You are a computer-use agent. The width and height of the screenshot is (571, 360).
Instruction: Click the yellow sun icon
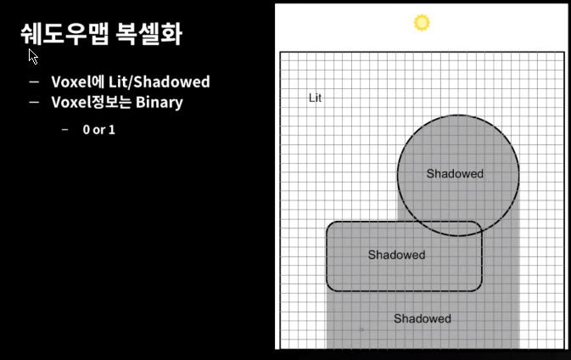(422, 23)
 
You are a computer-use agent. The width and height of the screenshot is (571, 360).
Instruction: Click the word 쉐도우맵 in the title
(64, 36)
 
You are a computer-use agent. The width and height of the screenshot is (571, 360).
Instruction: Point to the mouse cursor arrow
(32, 57)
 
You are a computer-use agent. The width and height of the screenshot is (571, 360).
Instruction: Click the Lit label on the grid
(315, 98)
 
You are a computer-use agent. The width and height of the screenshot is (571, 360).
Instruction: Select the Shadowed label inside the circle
(455, 174)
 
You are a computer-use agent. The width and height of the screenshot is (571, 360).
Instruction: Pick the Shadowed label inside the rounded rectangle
(396, 255)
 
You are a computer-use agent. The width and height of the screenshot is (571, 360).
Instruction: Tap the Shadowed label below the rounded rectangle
(422, 318)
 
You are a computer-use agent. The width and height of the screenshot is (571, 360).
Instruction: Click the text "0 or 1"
(98, 130)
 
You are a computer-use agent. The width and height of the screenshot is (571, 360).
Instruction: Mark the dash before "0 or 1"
(65, 130)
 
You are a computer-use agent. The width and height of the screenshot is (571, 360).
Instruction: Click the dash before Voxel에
(34, 82)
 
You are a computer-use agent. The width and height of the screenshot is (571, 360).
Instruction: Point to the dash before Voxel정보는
(34, 103)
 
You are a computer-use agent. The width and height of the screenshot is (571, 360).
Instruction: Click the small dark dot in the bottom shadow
(361, 329)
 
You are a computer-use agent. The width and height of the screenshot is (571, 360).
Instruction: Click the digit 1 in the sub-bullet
(112, 130)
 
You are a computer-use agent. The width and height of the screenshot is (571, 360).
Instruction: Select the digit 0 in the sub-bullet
(87, 130)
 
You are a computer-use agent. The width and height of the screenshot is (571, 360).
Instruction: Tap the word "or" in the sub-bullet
(99, 130)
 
